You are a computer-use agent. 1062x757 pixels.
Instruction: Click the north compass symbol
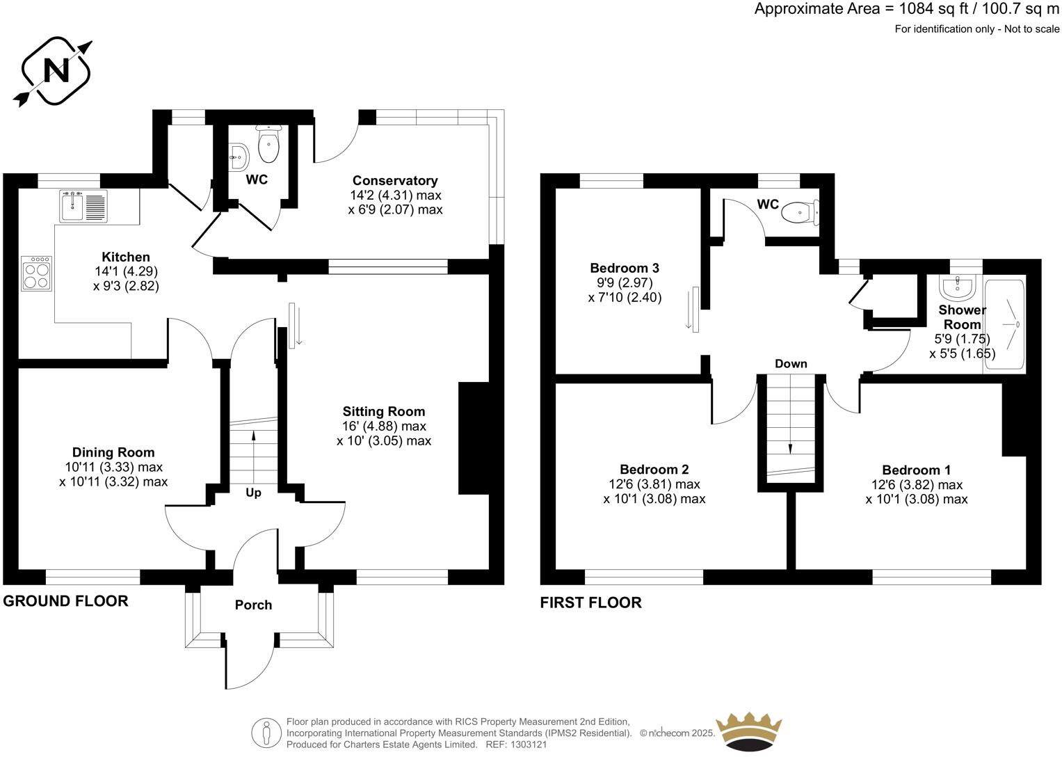pos(56,72)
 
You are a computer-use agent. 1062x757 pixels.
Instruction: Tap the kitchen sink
pos(83,206)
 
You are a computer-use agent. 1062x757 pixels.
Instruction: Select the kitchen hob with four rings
pos(38,273)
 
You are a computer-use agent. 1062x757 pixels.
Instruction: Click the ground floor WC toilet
pos(268,145)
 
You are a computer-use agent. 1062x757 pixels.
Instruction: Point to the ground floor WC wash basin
pos(239,157)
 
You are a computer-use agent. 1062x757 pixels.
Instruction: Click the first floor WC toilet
pos(800,211)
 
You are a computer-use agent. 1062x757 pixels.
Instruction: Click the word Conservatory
pos(395,181)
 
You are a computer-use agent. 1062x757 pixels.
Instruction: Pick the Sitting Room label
pos(383,411)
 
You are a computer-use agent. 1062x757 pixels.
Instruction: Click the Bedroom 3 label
pos(624,268)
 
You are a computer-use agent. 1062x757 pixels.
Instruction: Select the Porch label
pos(253,605)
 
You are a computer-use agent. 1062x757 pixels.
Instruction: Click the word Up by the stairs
pos(253,493)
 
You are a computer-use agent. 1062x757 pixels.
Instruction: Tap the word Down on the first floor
pos(791,364)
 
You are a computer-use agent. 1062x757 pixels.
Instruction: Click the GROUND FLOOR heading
pos(66,601)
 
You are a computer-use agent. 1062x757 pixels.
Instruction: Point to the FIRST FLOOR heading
pos(590,603)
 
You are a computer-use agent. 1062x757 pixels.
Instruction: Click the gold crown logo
pos(750,731)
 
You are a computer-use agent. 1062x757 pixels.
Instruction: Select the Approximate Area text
pos(907,9)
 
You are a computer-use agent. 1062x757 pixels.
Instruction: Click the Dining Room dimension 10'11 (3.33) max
pos(113,467)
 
